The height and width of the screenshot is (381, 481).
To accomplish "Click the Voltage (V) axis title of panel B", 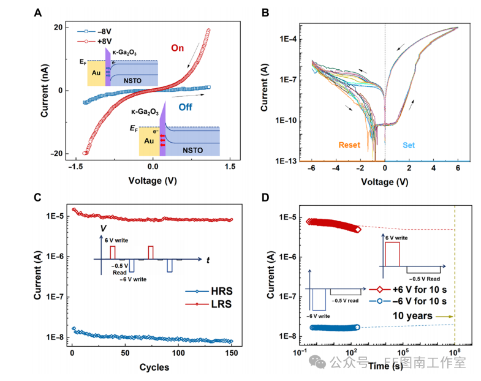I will [x=385, y=182].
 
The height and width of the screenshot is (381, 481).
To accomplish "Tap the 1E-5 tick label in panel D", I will [x=286, y=217].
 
